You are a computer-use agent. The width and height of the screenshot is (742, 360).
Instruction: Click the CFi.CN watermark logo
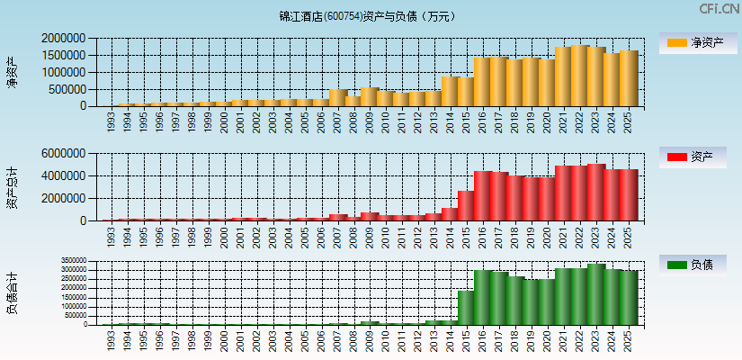pyautogui.click(x=720, y=9)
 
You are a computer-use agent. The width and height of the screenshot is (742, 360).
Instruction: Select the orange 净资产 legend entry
pyautogui.click(x=693, y=42)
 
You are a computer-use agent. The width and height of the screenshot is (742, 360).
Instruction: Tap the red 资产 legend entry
pyautogui.click(x=693, y=157)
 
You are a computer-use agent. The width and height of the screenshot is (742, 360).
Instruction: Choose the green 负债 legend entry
pyautogui.click(x=693, y=265)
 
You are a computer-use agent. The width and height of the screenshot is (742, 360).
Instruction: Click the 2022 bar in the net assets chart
pyautogui.click(x=579, y=76)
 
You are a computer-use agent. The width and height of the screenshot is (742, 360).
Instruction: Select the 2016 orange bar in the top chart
pyautogui.click(x=482, y=82)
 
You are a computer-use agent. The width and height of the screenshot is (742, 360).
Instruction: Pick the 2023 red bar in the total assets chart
pyautogui.click(x=595, y=192)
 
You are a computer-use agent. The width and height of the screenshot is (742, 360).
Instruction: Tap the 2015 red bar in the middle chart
pyautogui.click(x=466, y=205)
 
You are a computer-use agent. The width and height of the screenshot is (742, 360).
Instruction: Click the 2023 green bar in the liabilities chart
pyautogui.click(x=595, y=294)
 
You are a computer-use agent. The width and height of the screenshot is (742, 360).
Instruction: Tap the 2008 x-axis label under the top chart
pyautogui.click(x=353, y=122)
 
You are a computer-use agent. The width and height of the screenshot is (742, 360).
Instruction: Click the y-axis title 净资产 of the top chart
pyautogui.click(x=12, y=72)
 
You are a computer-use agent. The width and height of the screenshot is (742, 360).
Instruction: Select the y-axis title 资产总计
pyautogui.click(x=12, y=187)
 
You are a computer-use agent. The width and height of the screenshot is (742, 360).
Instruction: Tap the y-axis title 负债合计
pyautogui.click(x=12, y=293)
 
